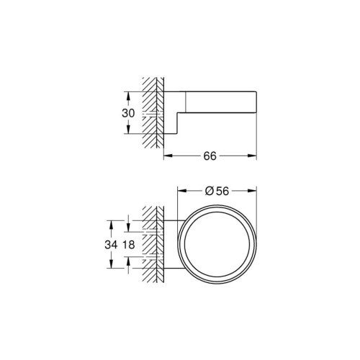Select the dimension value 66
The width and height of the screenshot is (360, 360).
tap(211, 156)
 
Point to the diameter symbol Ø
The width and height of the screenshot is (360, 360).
tap(210, 191)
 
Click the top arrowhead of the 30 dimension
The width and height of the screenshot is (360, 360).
tap(127, 94)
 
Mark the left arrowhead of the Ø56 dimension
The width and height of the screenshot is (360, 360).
tap(181, 191)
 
